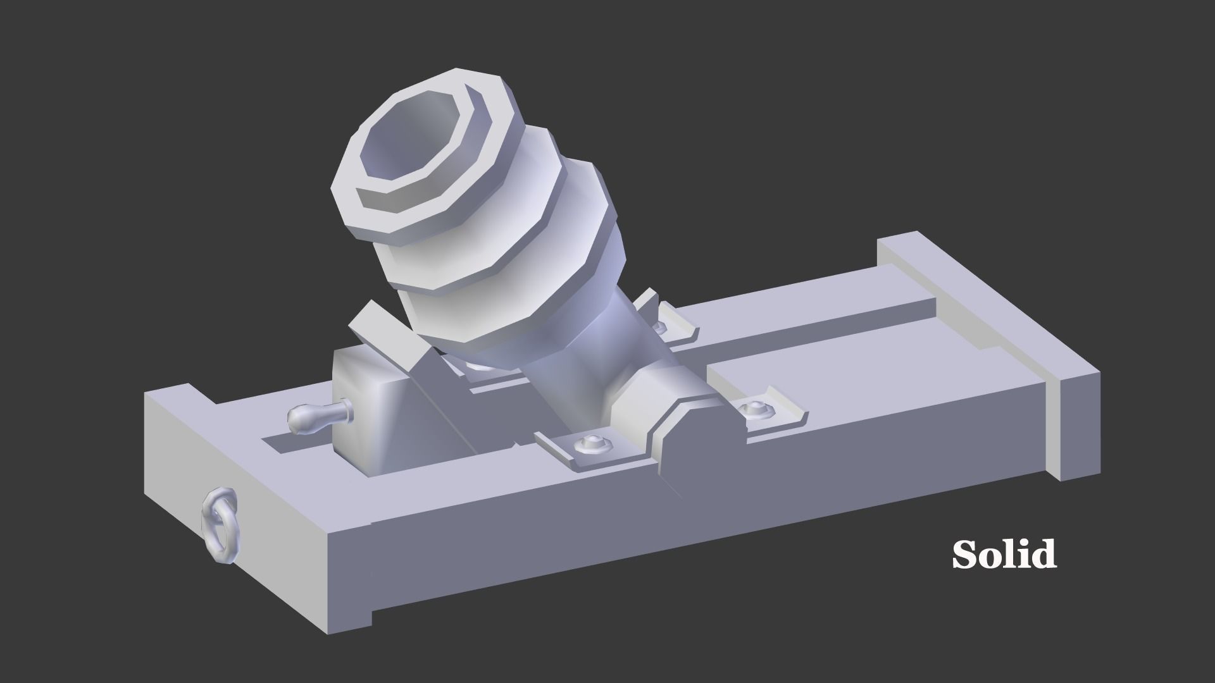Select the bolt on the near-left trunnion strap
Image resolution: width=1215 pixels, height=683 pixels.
pos(592,445)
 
